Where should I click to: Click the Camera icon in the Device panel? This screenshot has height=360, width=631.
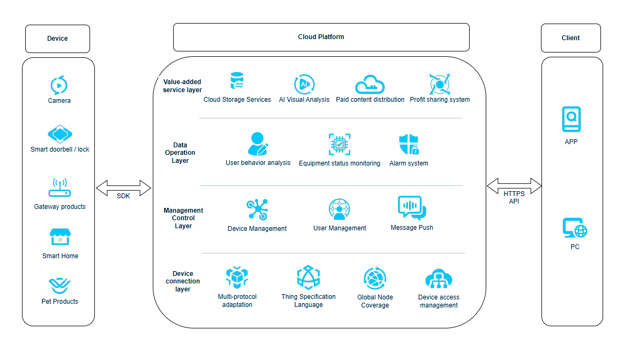tap(59, 85)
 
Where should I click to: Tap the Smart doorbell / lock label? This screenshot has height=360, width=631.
tap(60, 149)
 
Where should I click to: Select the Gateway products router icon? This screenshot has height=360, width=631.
tap(60, 189)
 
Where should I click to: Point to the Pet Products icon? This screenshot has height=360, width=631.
tap(60, 285)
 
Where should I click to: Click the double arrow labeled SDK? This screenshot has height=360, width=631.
tap(124, 189)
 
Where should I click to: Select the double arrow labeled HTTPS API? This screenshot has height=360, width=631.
tap(514, 186)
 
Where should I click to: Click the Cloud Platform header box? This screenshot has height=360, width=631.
tap(321, 37)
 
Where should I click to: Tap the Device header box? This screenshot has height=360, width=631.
tap(57, 39)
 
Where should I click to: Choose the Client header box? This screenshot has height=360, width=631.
tap(570, 38)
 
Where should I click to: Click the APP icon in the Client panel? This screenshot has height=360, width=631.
tap(571, 119)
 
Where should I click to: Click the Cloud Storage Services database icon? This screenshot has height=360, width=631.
tap(237, 81)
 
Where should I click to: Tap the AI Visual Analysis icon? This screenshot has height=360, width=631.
tap(304, 84)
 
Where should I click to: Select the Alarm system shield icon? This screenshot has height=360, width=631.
tap(409, 144)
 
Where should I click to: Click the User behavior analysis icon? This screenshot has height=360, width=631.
tap(258, 144)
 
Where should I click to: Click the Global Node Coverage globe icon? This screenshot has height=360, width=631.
tap(375, 279)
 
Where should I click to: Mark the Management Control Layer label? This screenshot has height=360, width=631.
tap(183, 218)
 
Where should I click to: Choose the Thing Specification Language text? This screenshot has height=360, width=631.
tap(308, 301)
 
